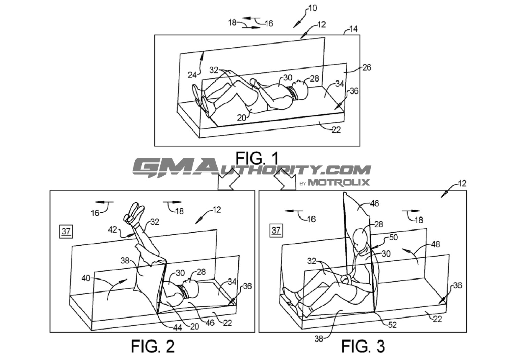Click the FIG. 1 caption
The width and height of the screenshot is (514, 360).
click(x=257, y=158)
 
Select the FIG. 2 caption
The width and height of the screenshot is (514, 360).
click(x=153, y=346)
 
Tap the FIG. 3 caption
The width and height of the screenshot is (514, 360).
click(x=363, y=346)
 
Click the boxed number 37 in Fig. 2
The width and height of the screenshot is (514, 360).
click(x=66, y=231)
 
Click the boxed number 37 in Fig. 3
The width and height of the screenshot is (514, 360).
click(x=276, y=231)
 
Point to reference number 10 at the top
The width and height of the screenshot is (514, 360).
click(x=313, y=8)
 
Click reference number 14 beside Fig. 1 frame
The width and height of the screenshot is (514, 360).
click(x=353, y=29)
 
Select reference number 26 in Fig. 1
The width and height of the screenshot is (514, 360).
click(x=367, y=67)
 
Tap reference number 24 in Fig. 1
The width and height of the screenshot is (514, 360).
click(x=192, y=75)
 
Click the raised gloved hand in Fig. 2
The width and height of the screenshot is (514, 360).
click(x=134, y=212)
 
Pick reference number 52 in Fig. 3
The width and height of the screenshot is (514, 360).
click(x=392, y=325)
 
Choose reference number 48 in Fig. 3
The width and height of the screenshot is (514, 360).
click(x=435, y=244)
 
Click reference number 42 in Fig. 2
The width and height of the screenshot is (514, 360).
click(x=112, y=229)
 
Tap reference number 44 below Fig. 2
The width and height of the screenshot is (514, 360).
click(x=177, y=328)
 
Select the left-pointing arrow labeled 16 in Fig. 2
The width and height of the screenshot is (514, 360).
click(x=105, y=202)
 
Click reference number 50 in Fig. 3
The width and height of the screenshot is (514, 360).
click(x=393, y=237)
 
